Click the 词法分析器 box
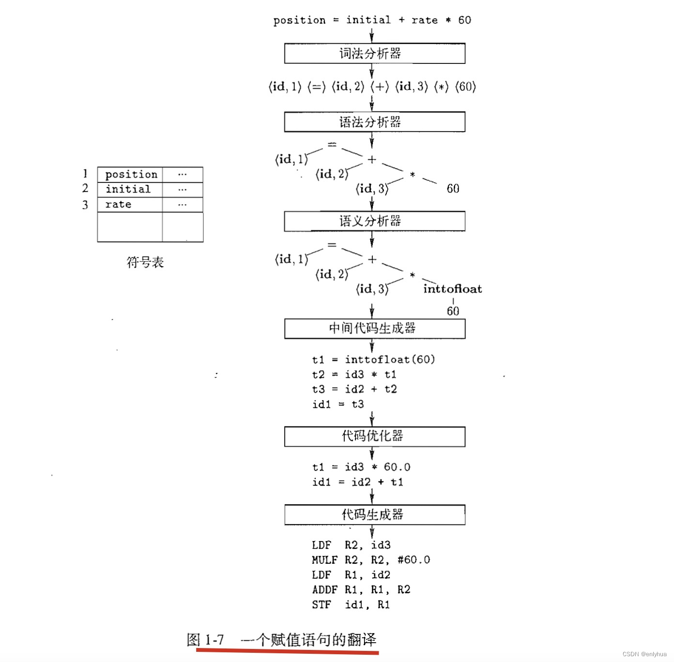374,54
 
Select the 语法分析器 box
374,122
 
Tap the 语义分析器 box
374,221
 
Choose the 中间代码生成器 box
374,329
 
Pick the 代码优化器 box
374,436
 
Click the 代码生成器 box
374,514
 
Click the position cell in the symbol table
131,174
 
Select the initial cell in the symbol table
128,189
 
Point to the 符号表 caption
145,262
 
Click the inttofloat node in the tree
452,289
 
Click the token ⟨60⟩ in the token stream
465,87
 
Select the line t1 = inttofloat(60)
373,360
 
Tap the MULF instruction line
370,560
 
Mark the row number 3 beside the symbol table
85,205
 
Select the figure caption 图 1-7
205,640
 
